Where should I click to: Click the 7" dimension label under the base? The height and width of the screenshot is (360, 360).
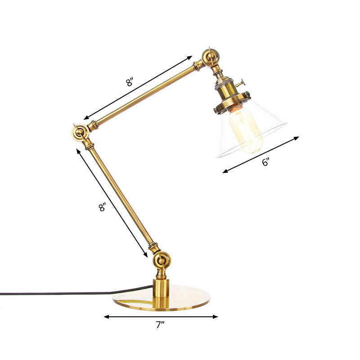(161, 325)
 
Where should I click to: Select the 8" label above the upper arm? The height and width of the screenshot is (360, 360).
(130, 82)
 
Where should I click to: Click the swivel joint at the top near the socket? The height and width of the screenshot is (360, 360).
(210, 58)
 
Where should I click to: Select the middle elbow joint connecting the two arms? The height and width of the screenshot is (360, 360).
(80, 132)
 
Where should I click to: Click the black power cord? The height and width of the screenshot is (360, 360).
(54, 293)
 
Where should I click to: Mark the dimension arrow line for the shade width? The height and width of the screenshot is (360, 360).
(261, 154)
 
